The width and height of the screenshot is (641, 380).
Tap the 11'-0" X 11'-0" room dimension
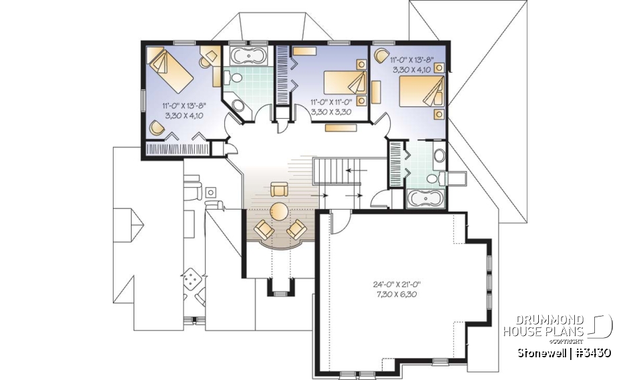click(x=332, y=102)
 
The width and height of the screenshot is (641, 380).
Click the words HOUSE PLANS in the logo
click(x=544, y=331)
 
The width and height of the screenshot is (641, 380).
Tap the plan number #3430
click(x=592, y=352)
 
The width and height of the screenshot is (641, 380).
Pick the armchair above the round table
click(x=278, y=190)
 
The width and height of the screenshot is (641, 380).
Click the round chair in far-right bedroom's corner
click(x=381, y=55)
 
